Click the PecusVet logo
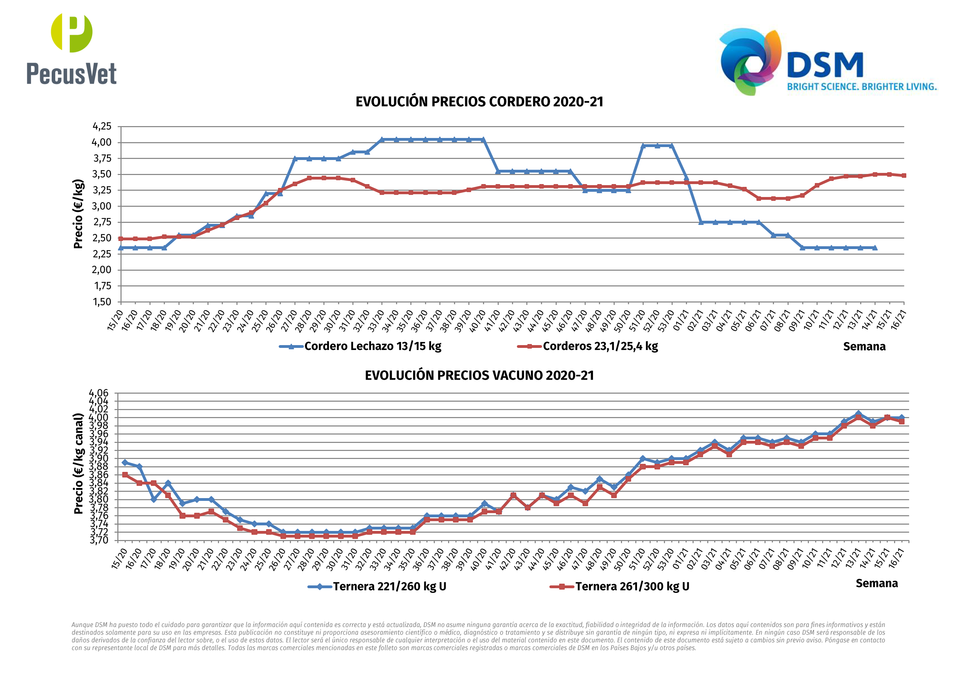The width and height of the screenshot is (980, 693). tap(71, 49)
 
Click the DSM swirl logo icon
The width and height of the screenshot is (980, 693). tap(750, 61)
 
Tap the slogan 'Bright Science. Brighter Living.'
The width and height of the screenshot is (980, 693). tap(861, 87)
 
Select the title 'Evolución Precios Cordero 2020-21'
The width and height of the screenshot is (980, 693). tap(479, 102)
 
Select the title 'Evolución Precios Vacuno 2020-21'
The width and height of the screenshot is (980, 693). tap(479, 375)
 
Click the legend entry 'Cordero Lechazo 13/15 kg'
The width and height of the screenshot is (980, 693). tap(372, 346)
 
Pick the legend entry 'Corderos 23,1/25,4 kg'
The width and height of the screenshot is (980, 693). tap(600, 346)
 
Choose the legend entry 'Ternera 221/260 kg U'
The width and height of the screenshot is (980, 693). tap(389, 586)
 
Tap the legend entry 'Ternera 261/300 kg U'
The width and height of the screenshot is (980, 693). tap(632, 586)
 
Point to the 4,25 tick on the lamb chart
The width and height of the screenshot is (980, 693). tap(102, 126)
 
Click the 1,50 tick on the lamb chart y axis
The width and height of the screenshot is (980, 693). tap(102, 302)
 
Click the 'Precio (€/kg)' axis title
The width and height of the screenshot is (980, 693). tap(78, 214)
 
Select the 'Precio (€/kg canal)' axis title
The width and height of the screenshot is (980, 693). tap(78, 463)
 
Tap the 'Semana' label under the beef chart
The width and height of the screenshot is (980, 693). tap(876, 583)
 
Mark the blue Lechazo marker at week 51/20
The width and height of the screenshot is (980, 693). tap(643, 146)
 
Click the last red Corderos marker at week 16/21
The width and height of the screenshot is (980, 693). tap(904, 175)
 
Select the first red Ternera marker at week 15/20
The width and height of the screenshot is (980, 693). tap(125, 474)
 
